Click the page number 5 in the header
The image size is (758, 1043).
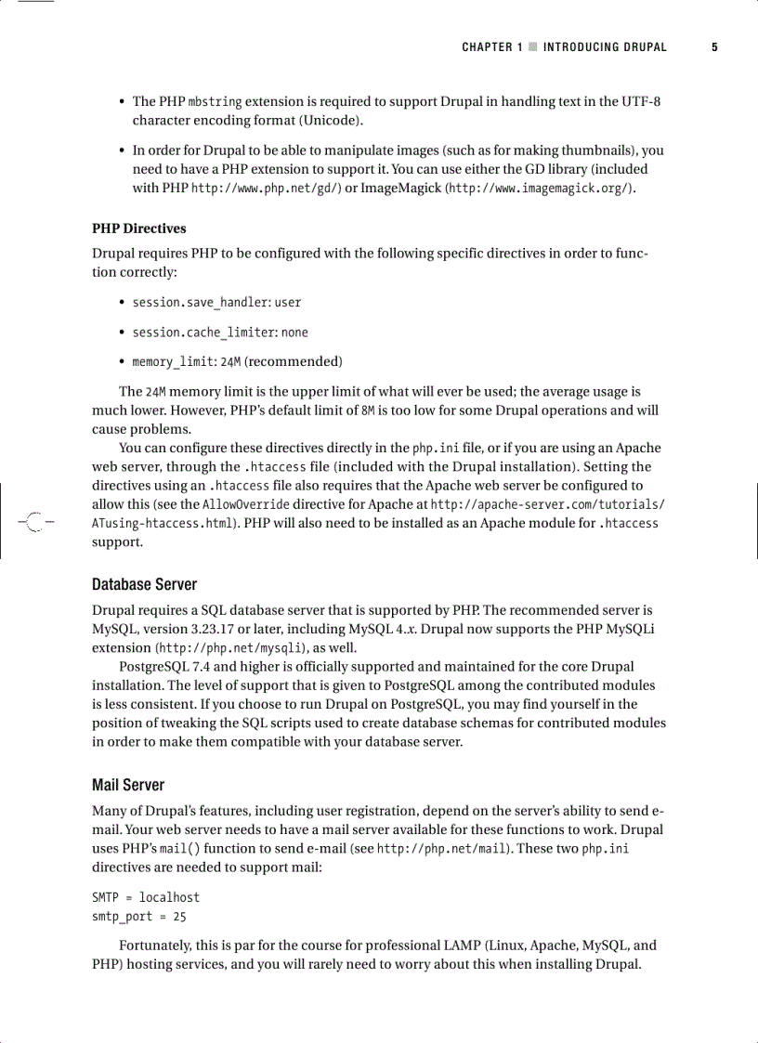(714, 46)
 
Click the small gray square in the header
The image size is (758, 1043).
(532, 46)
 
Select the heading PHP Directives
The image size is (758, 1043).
(138, 228)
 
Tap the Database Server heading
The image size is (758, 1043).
(144, 584)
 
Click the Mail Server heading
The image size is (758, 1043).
(128, 785)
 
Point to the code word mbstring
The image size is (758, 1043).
(216, 101)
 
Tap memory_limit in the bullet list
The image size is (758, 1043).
(173, 361)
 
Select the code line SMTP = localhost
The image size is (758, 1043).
(145, 897)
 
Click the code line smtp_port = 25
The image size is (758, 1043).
(138, 917)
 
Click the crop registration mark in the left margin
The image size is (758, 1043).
(33, 522)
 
